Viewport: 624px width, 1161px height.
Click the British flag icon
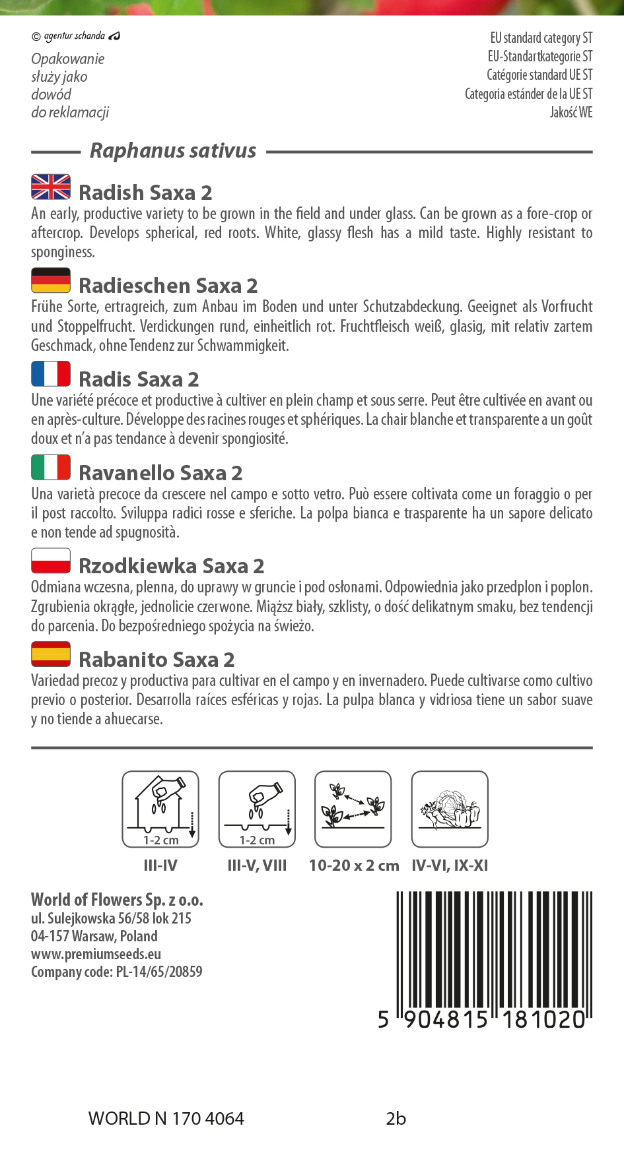51,187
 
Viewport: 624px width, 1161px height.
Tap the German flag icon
51,280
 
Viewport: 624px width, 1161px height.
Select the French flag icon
51,373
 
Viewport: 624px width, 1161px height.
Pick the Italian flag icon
51,467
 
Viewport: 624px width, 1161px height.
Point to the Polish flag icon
51,560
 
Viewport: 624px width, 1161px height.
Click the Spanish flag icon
51,654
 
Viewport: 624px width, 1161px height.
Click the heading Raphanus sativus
173,151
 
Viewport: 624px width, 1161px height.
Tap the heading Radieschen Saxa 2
168,286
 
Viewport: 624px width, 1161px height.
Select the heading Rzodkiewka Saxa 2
171,566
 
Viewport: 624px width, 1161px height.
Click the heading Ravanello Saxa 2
160,473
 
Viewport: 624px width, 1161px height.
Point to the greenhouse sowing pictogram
160,809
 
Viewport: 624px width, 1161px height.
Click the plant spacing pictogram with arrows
353,809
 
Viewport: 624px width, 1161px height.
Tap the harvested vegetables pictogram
450,809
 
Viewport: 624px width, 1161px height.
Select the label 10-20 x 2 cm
354,865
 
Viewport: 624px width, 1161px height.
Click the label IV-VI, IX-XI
450,865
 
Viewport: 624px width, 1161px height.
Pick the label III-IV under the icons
160,865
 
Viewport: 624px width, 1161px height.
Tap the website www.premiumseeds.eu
96,954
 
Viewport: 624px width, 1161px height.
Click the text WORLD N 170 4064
166,1119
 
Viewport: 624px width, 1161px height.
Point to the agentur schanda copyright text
75,36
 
